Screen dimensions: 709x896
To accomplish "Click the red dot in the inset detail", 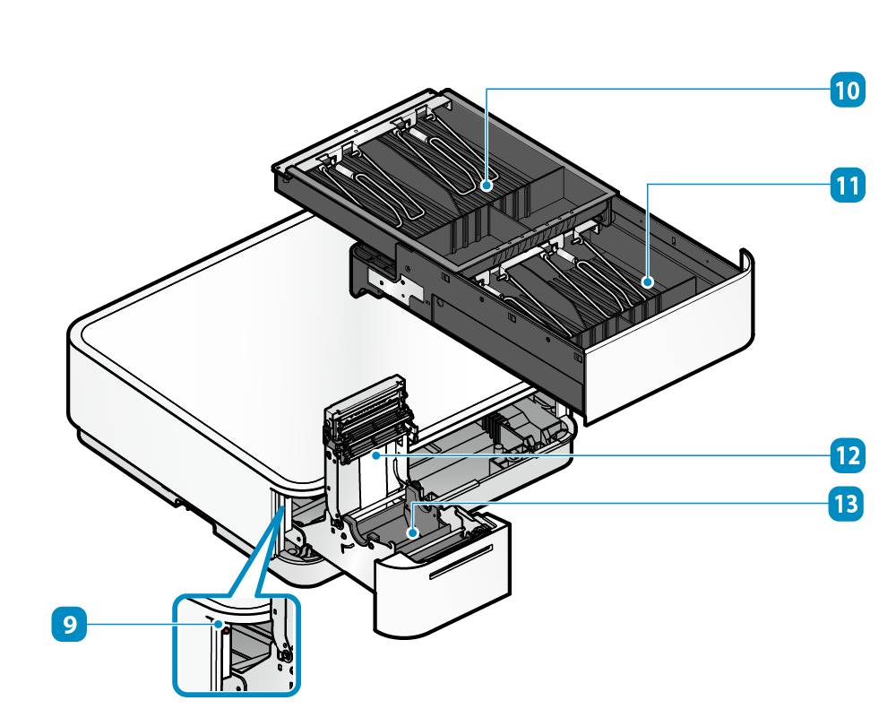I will pos(227,630).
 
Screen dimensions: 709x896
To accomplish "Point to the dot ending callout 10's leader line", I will pos(485,186).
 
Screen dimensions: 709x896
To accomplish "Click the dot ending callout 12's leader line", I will pos(392,455).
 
